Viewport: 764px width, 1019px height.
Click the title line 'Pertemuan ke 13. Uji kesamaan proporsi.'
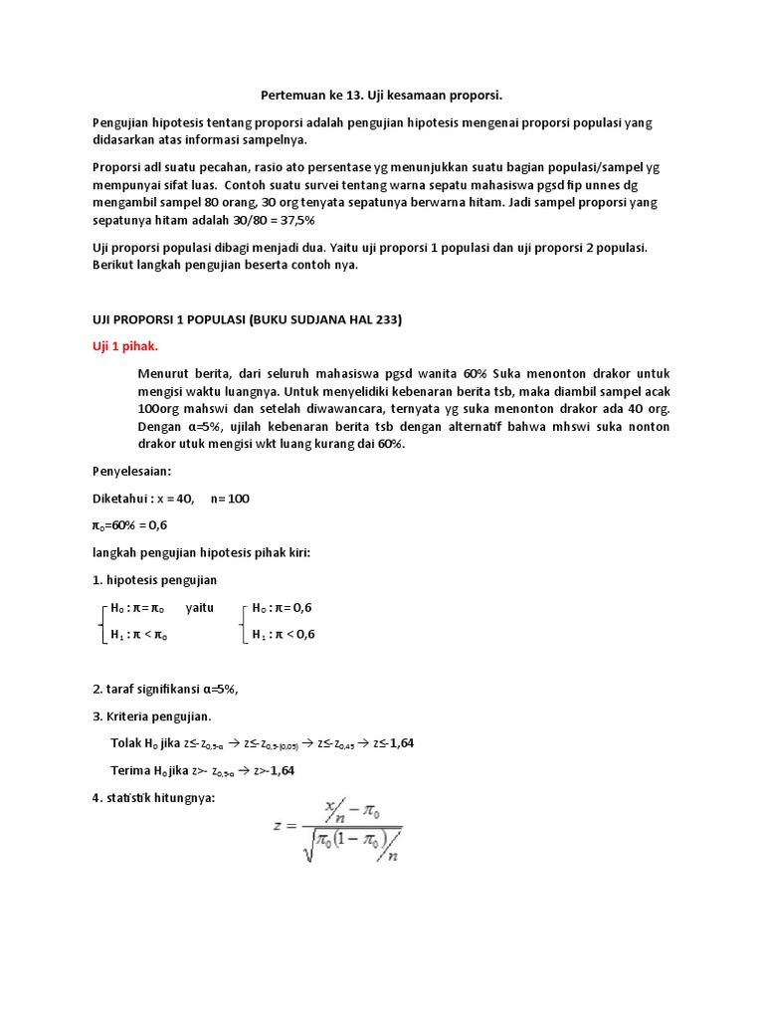pyautogui.click(x=382, y=96)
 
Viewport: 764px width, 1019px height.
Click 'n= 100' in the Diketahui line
pyautogui.click(x=230, y=499)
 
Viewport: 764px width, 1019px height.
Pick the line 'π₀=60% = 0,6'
pyautogui.click(x=129, y=524)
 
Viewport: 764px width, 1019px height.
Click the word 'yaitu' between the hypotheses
pyautogui.click(x=200, y=607)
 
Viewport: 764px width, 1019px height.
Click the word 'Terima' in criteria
pyautogui.click(x=128, y=769)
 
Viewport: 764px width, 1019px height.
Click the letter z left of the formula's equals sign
pyautogui.click(x=280, y=826)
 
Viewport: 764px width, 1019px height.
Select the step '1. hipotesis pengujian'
pyautogui.click(x=154, y=579)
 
